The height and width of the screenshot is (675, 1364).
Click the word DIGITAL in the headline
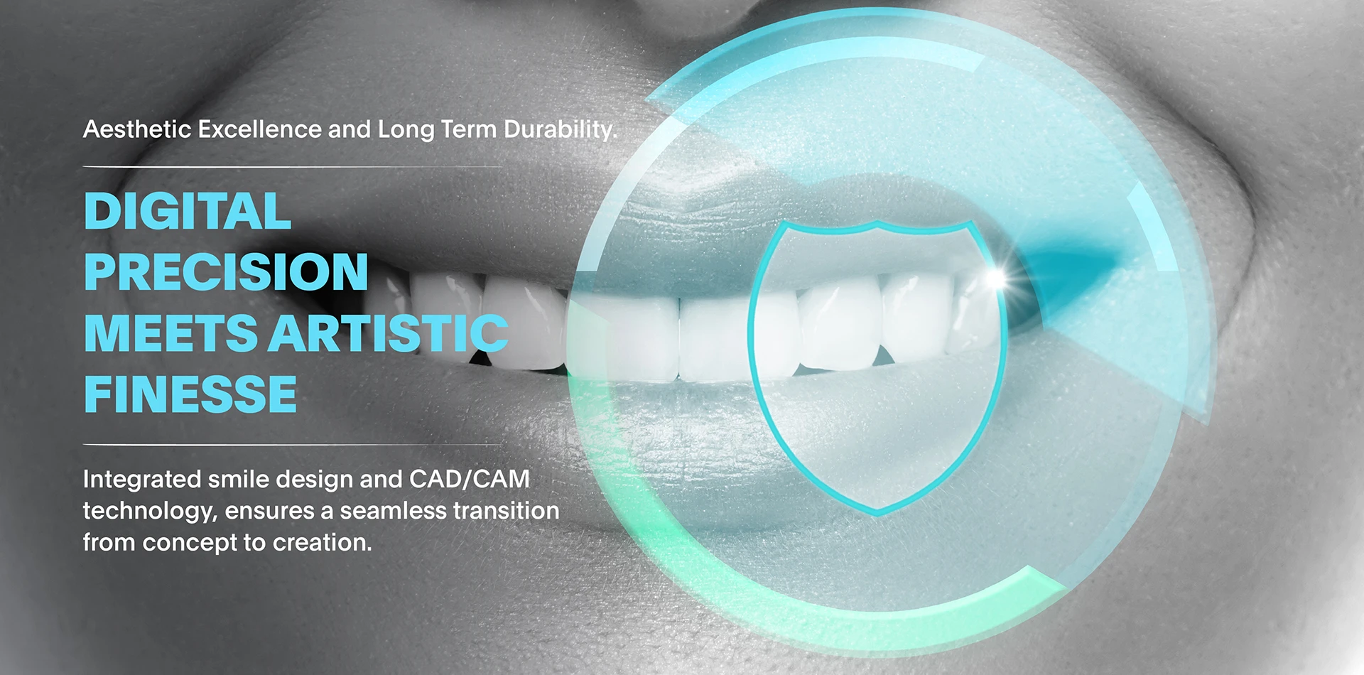tap(188, 211)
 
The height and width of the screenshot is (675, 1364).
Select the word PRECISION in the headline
tap(226, 272)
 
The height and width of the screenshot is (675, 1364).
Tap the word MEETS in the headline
tap(170, 333)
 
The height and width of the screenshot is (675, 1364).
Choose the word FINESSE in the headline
tap(190, 394)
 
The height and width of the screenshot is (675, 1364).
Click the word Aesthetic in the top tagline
tap(137, 129)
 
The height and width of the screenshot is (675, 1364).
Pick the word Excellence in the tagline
tap(260, 129)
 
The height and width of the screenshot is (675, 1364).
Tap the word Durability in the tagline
tap(560, 129)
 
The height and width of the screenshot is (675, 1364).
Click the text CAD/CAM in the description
tap(470, 480)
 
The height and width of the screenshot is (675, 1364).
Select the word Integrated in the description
tap(141, 480)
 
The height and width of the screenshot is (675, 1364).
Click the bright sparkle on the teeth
tap(997, 278)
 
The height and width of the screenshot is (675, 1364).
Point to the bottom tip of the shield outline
tap(879, 512)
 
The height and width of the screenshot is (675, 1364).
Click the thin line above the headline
tap(292, 167)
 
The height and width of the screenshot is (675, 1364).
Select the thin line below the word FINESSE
tap(292, 445)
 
